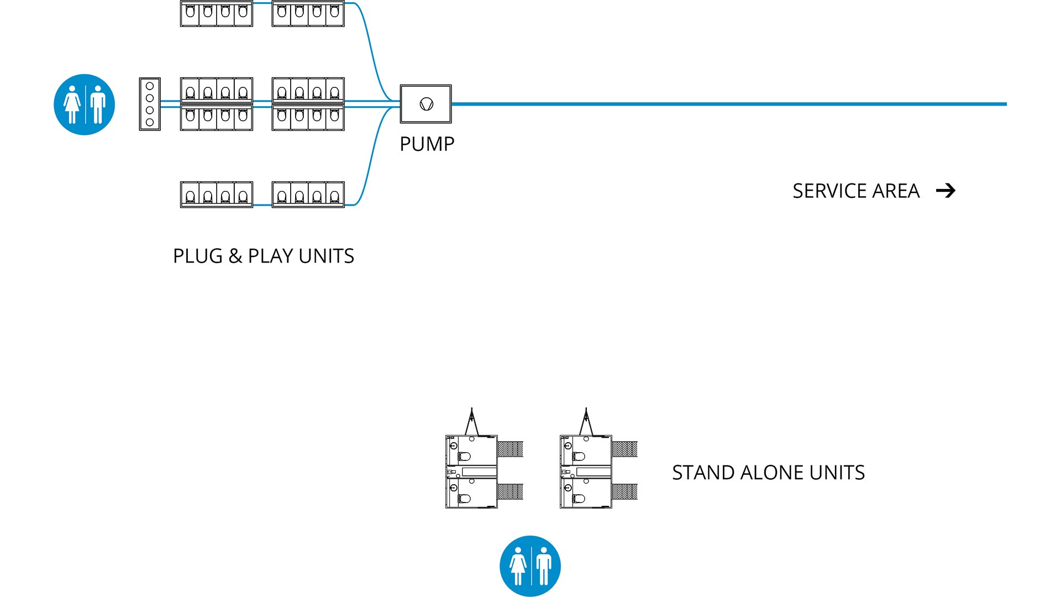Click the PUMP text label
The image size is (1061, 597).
(x=427, y=144)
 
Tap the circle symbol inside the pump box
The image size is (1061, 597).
(x=426, y=104)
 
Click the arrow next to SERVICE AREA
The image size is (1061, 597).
(x=946, y=191)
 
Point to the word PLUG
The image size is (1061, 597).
(x=198, y=256)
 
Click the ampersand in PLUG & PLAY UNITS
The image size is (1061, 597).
(x=235, y=256)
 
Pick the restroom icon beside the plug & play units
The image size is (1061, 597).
(x=84, y=104)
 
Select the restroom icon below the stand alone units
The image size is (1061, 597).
(x=530, y=566)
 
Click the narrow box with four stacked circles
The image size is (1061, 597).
(x=150, y=104)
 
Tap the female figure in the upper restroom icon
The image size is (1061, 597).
(x=72, y=104)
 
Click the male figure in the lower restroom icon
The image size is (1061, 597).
(x=544, y=566)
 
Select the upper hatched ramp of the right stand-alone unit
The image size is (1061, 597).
(x=625, y=449)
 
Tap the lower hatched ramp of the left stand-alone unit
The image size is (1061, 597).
(x=510, y=491)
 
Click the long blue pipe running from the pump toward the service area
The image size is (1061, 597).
(x=718, y=104)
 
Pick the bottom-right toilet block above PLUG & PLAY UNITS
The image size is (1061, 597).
(x=308, y=195)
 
